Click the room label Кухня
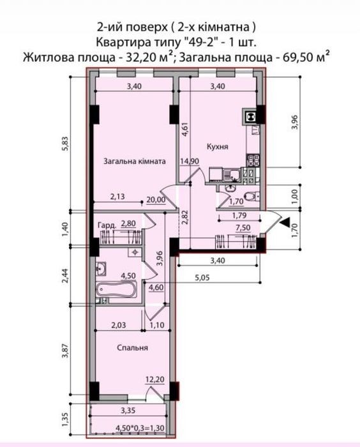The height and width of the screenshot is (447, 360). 218,147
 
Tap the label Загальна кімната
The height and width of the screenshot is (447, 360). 135,162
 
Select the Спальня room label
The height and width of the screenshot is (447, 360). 133,348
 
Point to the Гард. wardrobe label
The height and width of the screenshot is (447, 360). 107,225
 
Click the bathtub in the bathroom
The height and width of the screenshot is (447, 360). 116,290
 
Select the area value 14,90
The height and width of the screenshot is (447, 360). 190,161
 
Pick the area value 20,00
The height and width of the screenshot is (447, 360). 156,199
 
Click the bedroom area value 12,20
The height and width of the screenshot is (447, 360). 154,379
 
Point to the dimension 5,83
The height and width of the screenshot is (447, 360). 66,144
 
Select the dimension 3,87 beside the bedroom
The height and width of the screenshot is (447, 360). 66,351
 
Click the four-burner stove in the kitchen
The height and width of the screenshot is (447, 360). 253,160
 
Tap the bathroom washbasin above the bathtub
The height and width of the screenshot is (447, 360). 101,269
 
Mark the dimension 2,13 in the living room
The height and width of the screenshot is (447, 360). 117,197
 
